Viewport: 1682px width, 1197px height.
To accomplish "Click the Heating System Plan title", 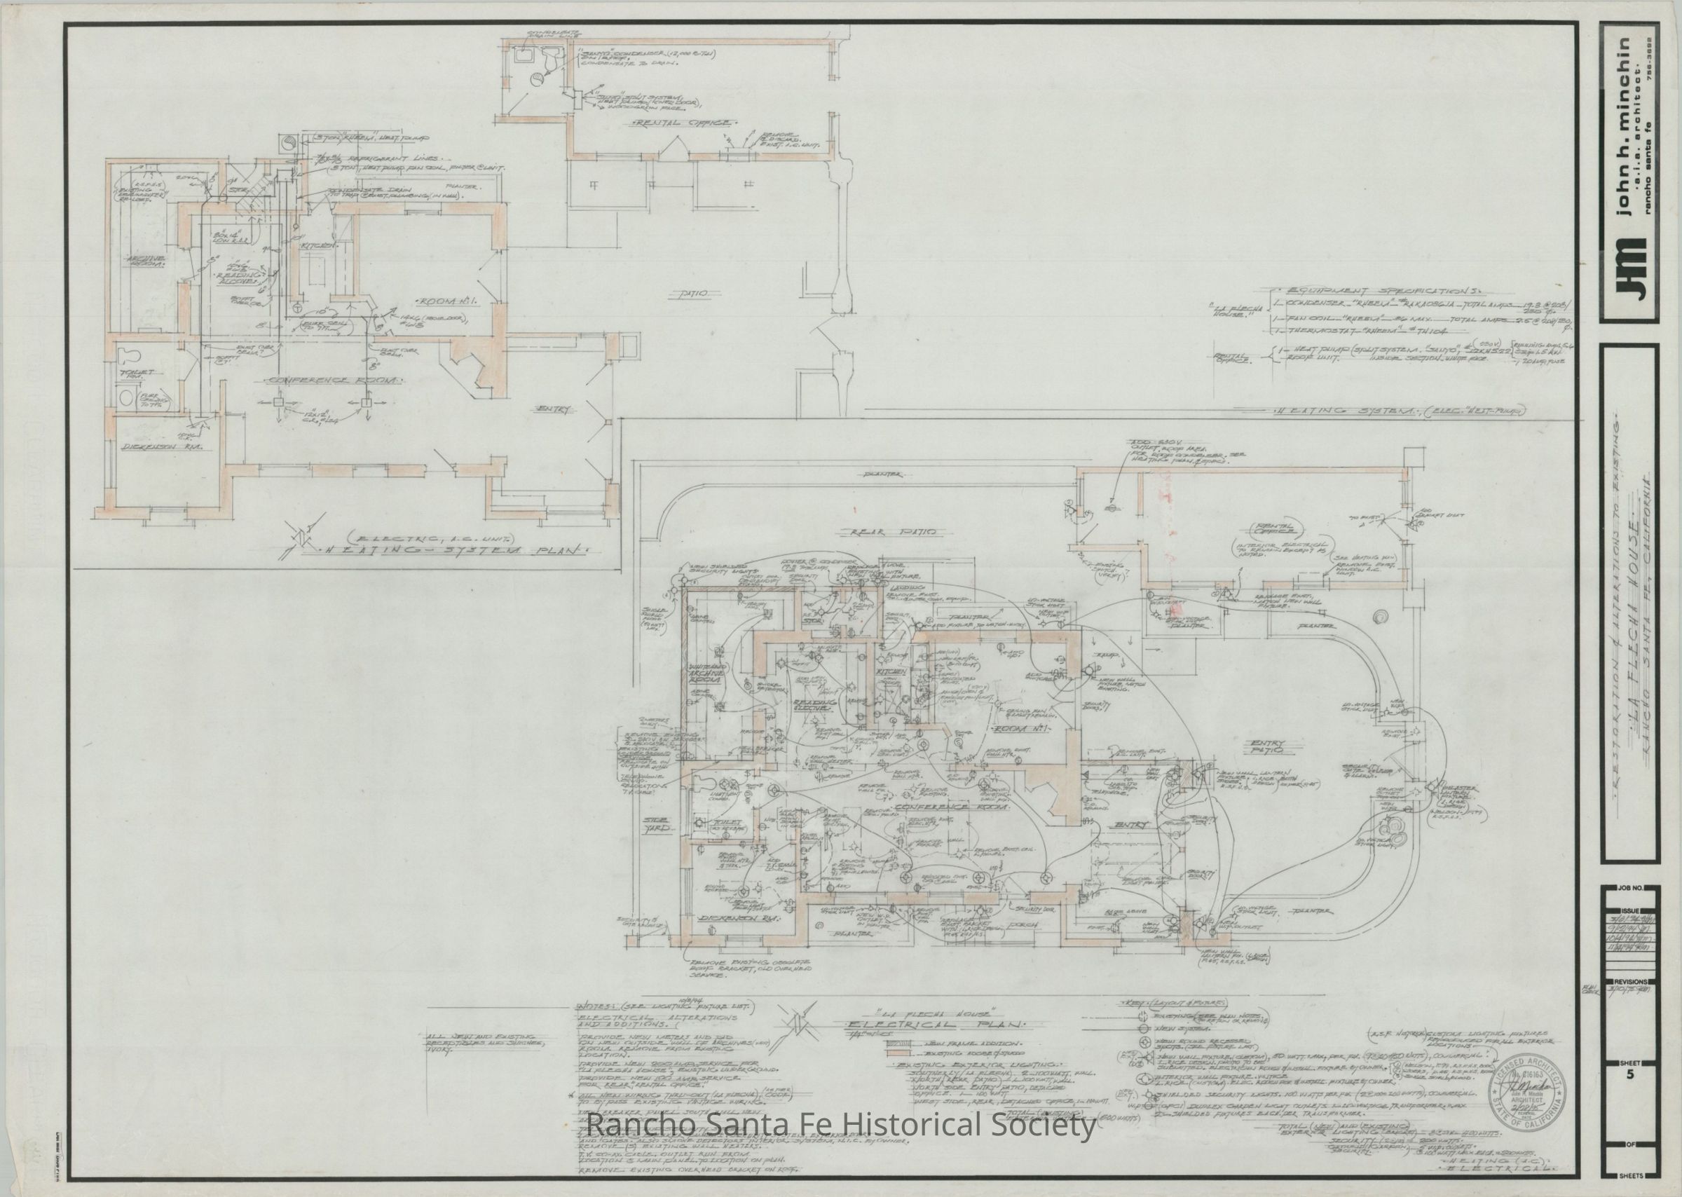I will [457, 549].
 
